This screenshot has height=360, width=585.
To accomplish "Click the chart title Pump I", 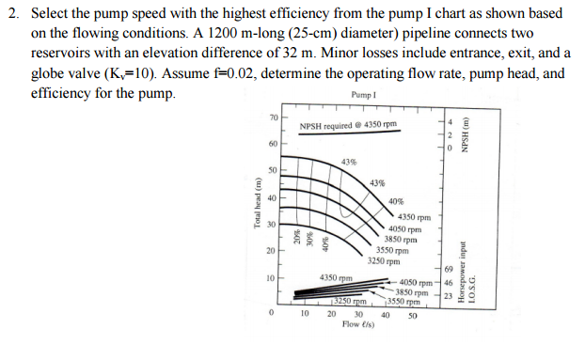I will [x=362, y=96].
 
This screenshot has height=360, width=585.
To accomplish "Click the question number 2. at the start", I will [x=12, y=13].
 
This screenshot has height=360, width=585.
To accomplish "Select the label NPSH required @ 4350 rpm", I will [x=348, y=125].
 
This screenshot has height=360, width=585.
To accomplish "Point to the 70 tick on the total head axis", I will [x=274, y=117].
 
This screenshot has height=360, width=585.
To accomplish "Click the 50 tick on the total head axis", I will [x=274, y=170].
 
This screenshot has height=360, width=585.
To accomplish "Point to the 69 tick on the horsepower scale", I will [x=449, y=270].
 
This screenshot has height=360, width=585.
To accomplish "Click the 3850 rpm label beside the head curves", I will [x=401, y=239].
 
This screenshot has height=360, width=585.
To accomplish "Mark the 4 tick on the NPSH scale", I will [x=450, y=122].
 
